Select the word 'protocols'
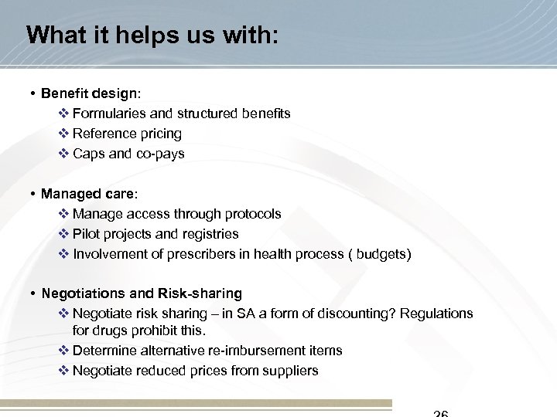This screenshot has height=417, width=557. pos(254,213)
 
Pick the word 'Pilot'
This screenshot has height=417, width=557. pos(85,233)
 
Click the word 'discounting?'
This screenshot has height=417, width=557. pos(366,314)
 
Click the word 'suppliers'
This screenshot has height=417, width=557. pos(291,371)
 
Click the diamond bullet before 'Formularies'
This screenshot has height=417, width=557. pos(63,114)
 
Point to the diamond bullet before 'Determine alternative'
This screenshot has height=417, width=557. pos(63,351)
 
